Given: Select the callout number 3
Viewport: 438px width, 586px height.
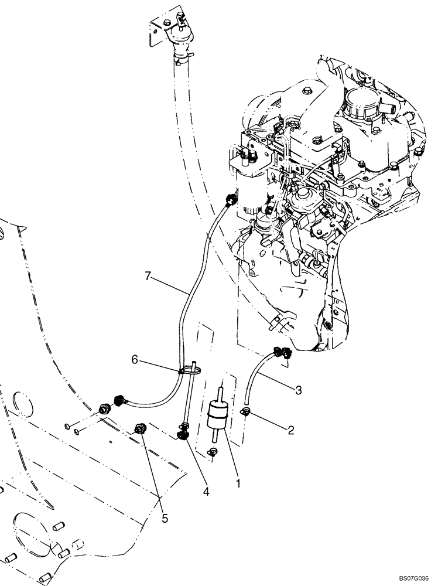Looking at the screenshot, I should point(299,390).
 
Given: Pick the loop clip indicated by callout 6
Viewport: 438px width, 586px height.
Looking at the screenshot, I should point(190,369).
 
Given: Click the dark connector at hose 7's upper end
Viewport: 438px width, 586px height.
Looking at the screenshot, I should point(231,201).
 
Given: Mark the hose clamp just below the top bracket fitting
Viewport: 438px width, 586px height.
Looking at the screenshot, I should point(180,56).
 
